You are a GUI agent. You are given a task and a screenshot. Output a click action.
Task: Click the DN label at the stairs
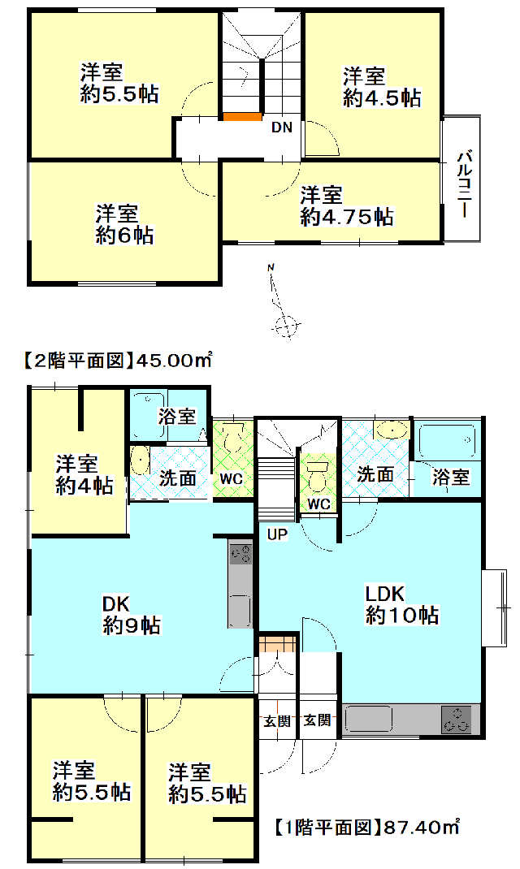(x=281, y=128)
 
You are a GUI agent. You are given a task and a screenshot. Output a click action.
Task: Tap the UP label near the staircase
(x=277, y=534)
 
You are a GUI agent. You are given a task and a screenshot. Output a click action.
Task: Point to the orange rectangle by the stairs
(x=242, y=116)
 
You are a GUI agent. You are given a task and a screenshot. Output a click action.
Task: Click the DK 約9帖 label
(x=132, y=614)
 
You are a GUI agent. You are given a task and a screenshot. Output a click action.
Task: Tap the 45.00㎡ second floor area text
(x=174, y=361)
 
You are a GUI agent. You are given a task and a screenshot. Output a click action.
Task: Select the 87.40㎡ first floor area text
(x=422, y=828)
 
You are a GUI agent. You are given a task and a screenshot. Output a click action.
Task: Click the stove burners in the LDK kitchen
(x=457, y=720)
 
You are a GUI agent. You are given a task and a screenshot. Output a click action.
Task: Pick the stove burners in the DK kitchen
(x=240, y=554)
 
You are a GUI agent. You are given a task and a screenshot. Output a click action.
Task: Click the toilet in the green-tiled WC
(x=233, y=438)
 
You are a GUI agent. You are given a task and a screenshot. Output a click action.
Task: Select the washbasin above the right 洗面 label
(x=392, y=430)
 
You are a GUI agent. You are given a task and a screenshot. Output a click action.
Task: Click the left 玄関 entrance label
(x=276, y=721)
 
